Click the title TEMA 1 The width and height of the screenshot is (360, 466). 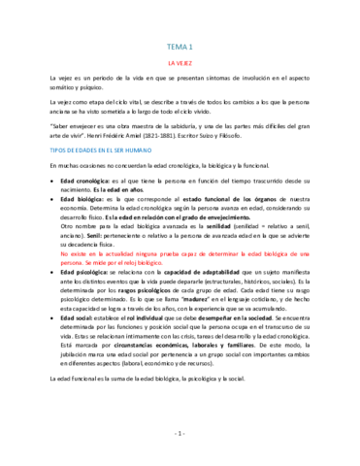point(180,47)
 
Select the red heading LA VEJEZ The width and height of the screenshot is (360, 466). point(180,61)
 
